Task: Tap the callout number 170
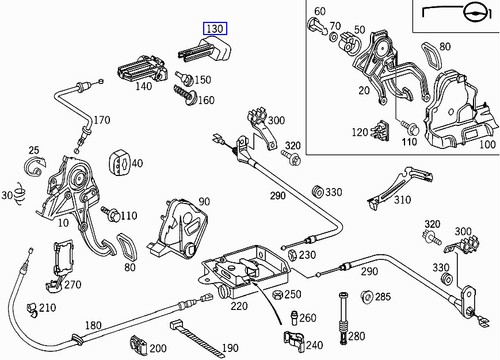[101, 121]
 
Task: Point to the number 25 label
[32, 150]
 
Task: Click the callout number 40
[135, 163]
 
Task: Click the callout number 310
[401, 199]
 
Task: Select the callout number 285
[383, 297]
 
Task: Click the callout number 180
[93, 326]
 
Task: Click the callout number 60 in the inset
[319, 12]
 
